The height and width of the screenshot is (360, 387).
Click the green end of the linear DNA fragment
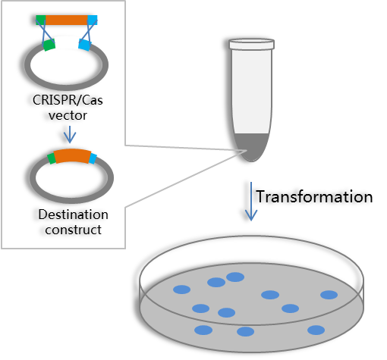[41, 20]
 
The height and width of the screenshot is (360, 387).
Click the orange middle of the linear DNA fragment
[67, 20]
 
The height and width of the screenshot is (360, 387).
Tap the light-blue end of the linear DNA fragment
[93, 20]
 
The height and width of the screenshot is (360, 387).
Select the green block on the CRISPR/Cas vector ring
[49, 45]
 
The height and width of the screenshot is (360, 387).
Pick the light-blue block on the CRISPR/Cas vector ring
[85, 45]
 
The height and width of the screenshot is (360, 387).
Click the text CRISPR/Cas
[68, 100]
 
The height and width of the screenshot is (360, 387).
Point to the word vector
[68, 116]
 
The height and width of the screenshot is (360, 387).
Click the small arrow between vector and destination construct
[70, 135]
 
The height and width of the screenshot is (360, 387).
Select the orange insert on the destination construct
[73, 155]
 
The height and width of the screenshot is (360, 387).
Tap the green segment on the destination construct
[52, 158]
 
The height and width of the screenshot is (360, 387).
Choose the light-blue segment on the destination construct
[93, 158]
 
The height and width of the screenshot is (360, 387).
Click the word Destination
[74, 214]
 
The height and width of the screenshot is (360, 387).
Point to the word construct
[74, 230]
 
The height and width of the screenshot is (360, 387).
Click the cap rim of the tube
[252, 44]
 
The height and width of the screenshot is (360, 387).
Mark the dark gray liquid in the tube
[251, 147]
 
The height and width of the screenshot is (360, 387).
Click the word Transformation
[314, 197]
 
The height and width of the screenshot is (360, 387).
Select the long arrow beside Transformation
[251, 202]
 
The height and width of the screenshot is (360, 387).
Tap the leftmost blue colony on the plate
[182, 290]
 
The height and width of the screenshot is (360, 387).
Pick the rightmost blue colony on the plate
[329, 295]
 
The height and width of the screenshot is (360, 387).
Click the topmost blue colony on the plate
[235, 277]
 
